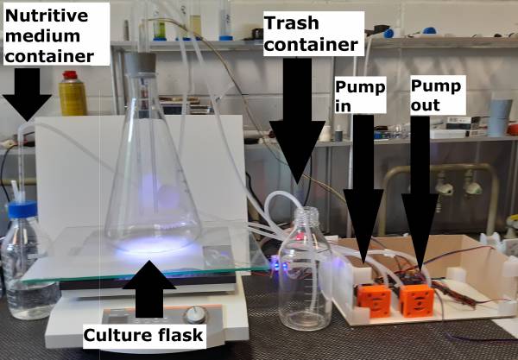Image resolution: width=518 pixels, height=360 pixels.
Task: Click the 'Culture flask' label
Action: tap(143, 335)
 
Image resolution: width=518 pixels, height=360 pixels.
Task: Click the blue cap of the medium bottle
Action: tap(22, 210)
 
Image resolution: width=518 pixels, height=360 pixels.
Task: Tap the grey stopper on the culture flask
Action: tap(140, 64)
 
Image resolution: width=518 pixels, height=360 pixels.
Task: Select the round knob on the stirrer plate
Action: tap(196, 314)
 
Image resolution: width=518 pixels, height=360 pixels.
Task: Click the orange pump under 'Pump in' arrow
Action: tap(373, 300)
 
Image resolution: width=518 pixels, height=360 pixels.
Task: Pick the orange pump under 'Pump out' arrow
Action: tap(416, 300)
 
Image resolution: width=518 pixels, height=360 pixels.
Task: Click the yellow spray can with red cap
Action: tap(73, 93)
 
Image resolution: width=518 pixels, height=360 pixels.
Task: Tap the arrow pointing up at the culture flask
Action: tap(149, 289)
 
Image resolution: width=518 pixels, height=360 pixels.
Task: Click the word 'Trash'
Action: tap(292, 23)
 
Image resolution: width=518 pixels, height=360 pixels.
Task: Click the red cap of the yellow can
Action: tap(70, 75)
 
